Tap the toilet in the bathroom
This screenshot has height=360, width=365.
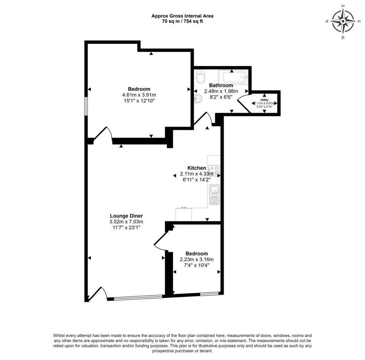(201, 76)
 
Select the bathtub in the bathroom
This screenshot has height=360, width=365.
(232, 76)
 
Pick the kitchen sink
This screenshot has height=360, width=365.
(214, 194)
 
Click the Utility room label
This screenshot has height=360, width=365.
(264, 100)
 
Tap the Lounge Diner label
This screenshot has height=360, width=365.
(126, 216)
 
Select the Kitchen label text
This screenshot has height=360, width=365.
(197, 168)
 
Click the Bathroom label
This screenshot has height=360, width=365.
(221, 86)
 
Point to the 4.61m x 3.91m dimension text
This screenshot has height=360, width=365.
(139, 95)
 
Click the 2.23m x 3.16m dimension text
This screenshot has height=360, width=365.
(197, 260)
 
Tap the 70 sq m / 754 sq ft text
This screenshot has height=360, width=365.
(182, 21)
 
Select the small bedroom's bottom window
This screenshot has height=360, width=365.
(209, 294)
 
